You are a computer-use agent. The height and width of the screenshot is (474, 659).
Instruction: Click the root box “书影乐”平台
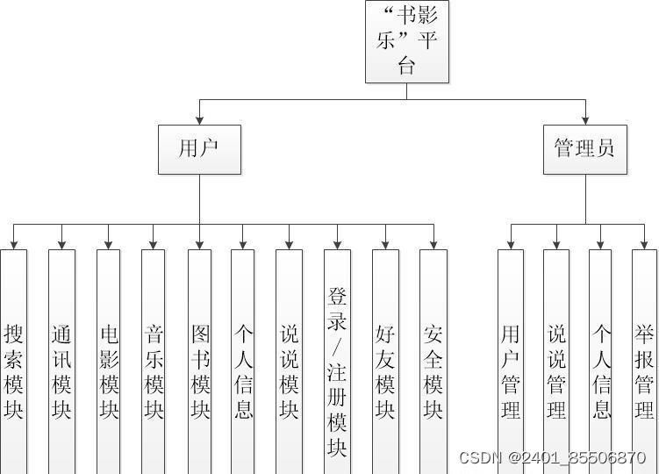tap(406, 41)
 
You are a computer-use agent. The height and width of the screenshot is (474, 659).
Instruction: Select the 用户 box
tap(199, 148)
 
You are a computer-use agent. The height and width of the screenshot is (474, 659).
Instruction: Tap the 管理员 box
tap(585, 148)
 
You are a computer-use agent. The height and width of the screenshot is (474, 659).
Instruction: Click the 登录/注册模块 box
tap(337, 369)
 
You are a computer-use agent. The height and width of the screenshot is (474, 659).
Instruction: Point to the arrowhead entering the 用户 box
tap(199, 119)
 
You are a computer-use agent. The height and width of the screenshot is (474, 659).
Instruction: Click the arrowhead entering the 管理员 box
tap(585, 119)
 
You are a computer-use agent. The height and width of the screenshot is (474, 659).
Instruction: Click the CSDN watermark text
tap(552, 458)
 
